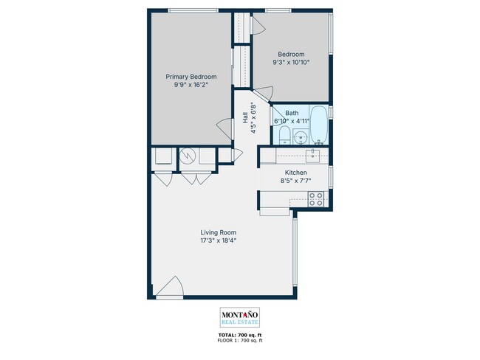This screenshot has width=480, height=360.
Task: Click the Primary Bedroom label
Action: pos(191,77)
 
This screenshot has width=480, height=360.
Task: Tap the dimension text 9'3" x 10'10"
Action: pos(292,63)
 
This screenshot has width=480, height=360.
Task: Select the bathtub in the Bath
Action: pos(318,125)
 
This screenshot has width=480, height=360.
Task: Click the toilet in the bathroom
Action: pos(284,135)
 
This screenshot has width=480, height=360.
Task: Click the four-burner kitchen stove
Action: pos(316,198)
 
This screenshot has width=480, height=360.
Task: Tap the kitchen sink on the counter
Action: pos(312,155)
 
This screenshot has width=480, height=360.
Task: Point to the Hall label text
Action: pos(244,119)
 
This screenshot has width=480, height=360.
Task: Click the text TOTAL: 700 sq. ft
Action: pos(240,336)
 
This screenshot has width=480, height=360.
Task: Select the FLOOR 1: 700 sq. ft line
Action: pos(240,341)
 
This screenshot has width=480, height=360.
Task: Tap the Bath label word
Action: pos(292,113)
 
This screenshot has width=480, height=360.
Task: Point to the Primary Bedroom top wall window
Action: pos(189,10)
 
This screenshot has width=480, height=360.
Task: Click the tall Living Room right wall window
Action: pos(295,254)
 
